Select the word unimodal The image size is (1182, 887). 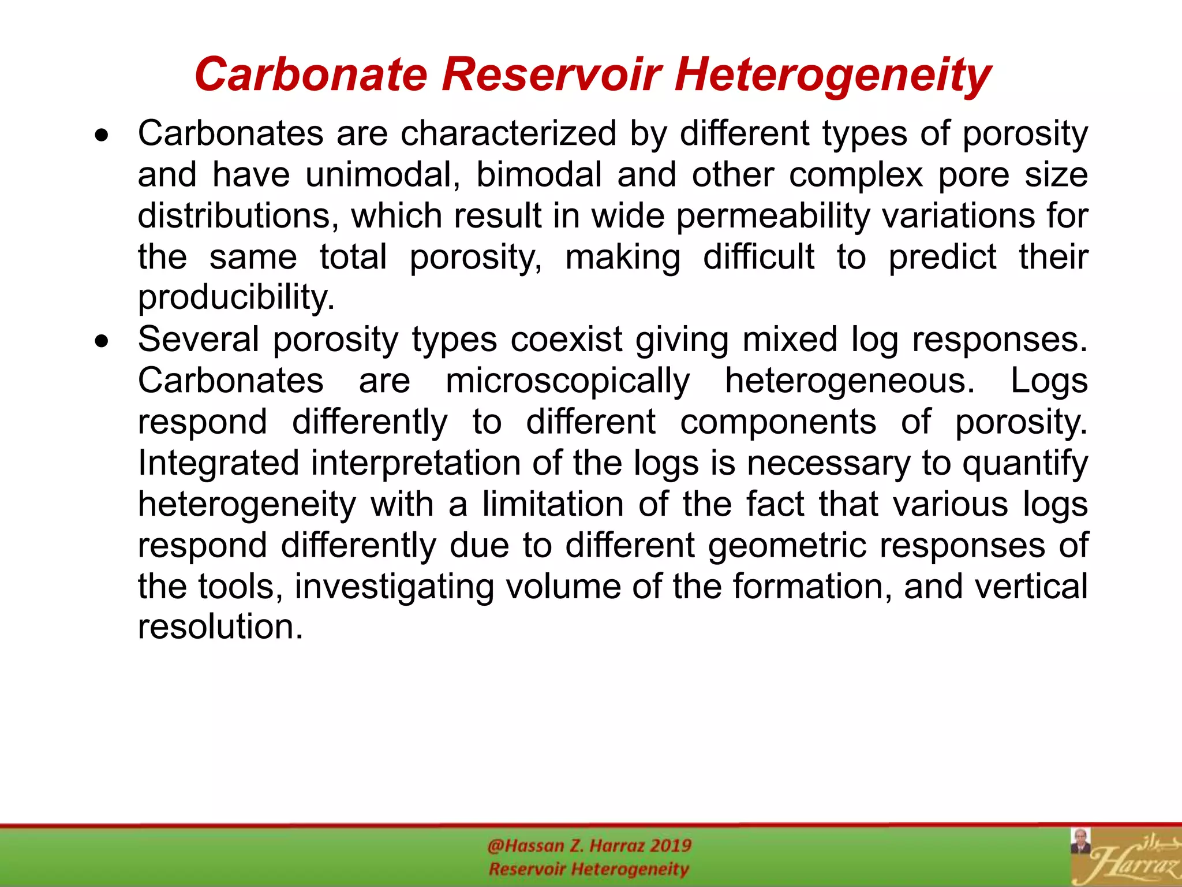point(382,174)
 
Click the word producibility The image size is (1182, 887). point(236,298)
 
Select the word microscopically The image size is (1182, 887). point(567,381)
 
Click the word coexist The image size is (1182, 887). point(566,340)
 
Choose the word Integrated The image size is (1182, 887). point(218,463)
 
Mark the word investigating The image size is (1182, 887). point(394,587)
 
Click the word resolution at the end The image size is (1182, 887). point(220,627)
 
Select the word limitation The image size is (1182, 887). point(553,504)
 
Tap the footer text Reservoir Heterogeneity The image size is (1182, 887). point(589,869)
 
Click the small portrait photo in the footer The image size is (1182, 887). point(1080,841)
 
